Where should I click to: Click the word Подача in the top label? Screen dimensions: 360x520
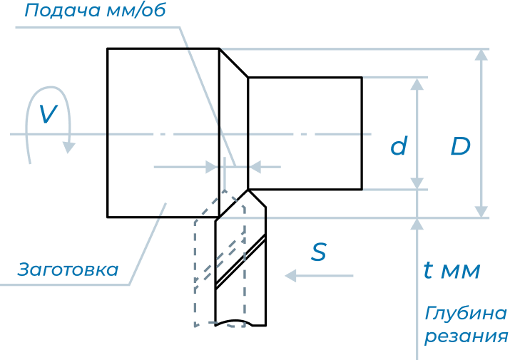coord(56,11)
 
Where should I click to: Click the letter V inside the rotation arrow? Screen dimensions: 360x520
coord(47,114)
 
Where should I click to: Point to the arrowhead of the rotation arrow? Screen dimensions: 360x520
coord(68,147)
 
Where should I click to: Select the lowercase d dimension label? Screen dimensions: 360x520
coord(399,147)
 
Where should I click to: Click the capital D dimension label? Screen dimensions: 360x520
coord(461,147)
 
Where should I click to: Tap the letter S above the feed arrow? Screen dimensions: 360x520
coord(319,252)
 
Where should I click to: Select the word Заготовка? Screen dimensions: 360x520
coord(68,270)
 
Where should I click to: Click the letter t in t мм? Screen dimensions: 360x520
coord(427,270)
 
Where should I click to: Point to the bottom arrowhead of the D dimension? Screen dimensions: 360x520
coord(482,211)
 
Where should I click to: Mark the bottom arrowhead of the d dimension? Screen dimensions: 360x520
coord(418,183)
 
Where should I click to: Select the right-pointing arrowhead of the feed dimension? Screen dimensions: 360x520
coord(211,167)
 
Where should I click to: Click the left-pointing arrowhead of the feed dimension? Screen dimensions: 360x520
coord(254,167)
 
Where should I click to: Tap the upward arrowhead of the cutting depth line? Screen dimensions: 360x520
coord(418,224)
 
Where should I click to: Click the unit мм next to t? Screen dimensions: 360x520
coord(461,272)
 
